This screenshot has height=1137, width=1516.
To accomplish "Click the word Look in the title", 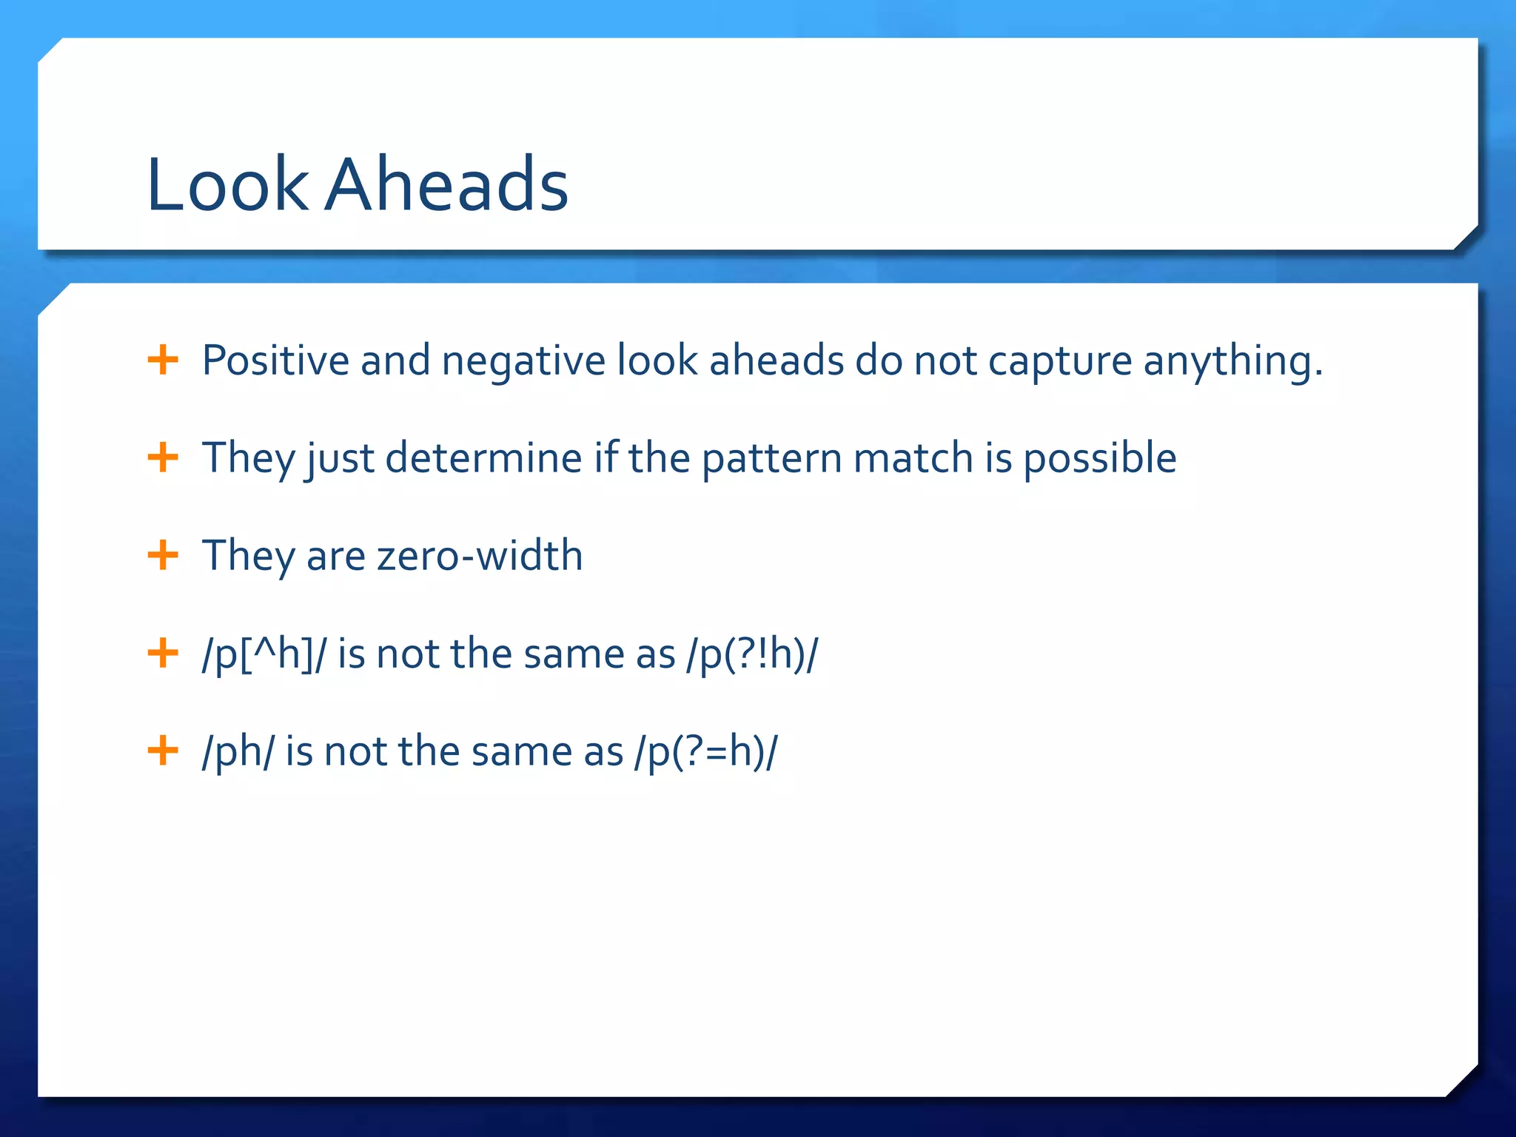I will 227,184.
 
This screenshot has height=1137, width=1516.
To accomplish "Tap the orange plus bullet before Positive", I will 163,360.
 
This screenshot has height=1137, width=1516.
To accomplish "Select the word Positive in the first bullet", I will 275,360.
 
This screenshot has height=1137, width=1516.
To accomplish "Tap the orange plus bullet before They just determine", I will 163,457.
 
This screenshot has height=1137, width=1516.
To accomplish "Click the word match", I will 913,457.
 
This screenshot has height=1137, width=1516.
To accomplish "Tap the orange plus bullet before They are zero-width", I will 163,555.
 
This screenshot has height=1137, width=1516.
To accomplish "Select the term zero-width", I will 479,556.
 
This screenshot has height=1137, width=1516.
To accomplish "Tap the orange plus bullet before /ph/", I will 163,751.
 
